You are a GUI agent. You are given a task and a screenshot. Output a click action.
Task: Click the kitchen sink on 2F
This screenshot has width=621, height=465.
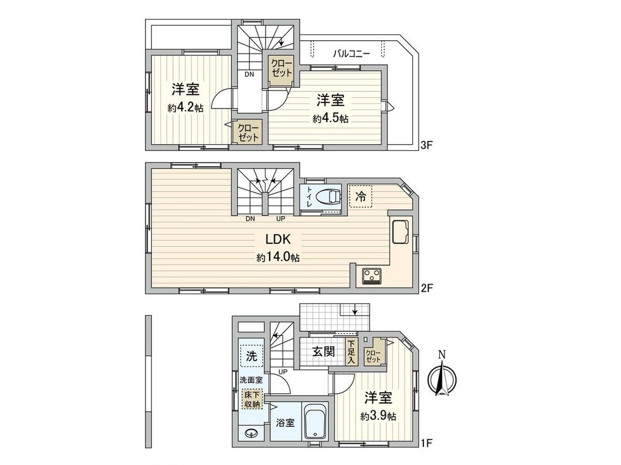point(401,232)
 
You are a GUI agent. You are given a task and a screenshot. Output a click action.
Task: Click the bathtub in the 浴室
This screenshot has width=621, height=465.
point(315,423)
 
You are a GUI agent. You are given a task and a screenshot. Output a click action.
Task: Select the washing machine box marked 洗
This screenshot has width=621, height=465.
point(251,355)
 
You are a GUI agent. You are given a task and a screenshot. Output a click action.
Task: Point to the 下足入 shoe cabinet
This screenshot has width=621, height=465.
point(351,351)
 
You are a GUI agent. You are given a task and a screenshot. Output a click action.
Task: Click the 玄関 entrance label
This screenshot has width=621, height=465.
point(323,351)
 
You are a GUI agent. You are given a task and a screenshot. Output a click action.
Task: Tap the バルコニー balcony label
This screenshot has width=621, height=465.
point(351,54)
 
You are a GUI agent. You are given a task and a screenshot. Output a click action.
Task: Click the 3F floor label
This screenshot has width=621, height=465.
point(426,146)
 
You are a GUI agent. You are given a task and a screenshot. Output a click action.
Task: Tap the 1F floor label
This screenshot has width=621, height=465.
point(426,443)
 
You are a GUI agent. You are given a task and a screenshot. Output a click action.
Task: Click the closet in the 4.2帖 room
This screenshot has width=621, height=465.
point(248,133)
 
